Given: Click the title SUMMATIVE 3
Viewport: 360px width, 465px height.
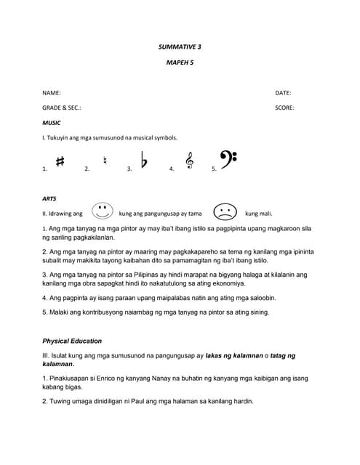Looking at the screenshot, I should [x=180, y=46].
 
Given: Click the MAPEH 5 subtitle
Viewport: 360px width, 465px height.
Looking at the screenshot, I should [x=180, y=63].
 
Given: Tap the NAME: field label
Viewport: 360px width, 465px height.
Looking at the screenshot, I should [x=52, y=94].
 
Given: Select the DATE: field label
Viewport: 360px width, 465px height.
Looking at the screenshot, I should [x=283, y=94].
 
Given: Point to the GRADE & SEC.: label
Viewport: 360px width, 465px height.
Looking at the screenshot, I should [x=62, y=108].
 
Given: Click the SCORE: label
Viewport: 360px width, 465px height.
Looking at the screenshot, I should [x=284, y=108].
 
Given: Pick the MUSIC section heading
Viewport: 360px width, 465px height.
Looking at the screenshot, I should [x=52, y=123].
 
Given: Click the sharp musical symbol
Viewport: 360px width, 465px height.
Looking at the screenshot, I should [x=60, y=162].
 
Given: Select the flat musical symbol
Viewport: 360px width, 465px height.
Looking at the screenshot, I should [x=144, y=161].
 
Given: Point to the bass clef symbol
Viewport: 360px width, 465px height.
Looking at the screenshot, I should [x=228, y=159].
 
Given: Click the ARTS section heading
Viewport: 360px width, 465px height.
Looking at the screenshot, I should [x=49, y=198].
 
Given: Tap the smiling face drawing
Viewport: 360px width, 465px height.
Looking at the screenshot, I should [x=102, y=211].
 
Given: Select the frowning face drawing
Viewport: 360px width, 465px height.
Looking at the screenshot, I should [x=225, y=212].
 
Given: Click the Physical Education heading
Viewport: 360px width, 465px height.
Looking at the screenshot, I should [x=72, y=341].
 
